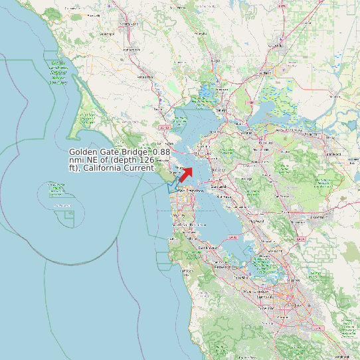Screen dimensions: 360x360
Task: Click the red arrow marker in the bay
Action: click(x=186, y=174)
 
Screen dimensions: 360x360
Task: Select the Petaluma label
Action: click(x=145, y=77)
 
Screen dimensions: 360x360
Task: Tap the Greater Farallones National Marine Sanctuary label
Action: click(x=58, y=73)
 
